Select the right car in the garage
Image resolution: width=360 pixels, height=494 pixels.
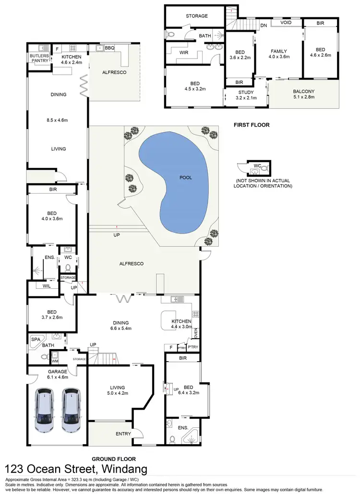[x=72, y=410]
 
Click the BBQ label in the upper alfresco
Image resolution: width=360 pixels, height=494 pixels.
[x=109, y=48]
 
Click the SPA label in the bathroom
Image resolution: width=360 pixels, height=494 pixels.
[x=35, y=339]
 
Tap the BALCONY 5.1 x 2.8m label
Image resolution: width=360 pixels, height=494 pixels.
[x=304, y=94]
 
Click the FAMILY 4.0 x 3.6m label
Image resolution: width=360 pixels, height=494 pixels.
[x=278, y=54]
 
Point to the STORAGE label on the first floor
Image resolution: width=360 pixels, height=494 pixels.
[x=197, y=16]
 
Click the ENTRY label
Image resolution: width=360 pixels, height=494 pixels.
[x=123, y=434]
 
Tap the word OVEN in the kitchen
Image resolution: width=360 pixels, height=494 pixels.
[x=196, y=332]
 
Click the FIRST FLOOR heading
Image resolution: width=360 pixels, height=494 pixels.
[x=251, y=125]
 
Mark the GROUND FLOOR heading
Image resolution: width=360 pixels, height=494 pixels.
[x=114, y=459]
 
